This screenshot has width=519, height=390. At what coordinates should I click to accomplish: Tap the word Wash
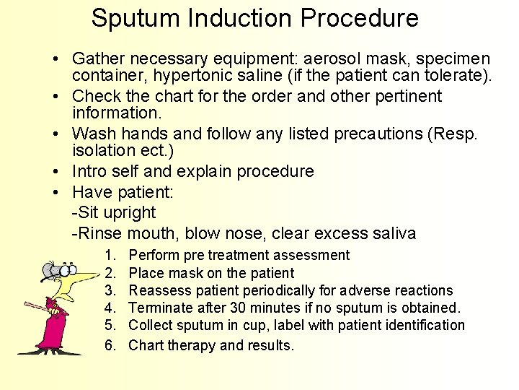[x=93, y=134]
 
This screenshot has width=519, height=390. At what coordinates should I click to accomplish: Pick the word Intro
[x=91, y=172]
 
